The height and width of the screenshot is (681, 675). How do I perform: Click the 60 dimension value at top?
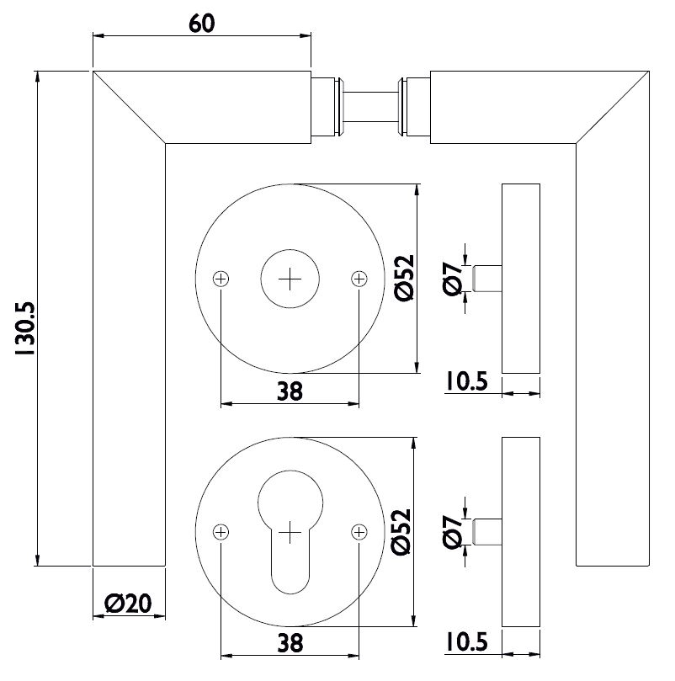[x=202, y=24]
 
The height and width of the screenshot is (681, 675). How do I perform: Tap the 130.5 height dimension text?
[x=24, y=329]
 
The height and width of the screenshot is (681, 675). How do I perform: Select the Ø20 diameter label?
[x=129, y=604]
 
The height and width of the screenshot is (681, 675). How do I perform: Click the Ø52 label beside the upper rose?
[x=405, y=279]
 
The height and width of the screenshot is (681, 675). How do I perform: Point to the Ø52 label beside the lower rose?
[x=401, y=532]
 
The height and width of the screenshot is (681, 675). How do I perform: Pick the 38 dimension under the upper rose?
[x=290, y=391]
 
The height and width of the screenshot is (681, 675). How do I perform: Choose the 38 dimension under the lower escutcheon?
[x=290, y=643]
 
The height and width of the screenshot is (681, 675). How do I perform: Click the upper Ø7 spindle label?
[x=452, y=279]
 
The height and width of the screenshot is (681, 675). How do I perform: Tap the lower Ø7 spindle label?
[x=452, y=532]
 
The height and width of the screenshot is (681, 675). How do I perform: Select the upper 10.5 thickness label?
[x=467, y=381]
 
